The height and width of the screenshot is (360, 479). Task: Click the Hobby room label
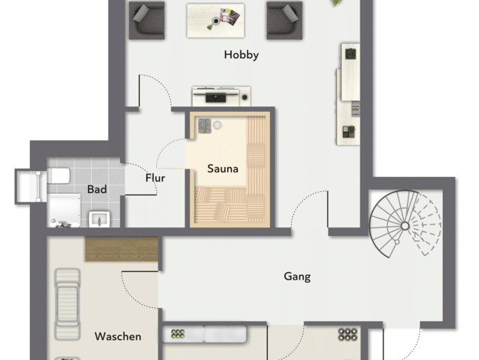coord(241,55)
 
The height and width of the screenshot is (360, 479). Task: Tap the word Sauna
coord(223,169)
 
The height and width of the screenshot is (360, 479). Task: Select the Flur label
coord(155,178)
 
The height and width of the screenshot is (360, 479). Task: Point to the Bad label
coord(97,189)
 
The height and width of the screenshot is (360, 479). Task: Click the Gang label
coord(297,277)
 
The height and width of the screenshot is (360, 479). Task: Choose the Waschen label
coord(118,336)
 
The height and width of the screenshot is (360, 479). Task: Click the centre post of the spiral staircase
coord(405,226)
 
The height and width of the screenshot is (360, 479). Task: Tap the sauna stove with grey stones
coord(204,126)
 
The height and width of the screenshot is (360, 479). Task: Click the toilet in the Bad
coord(58,175)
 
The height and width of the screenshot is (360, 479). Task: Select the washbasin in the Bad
coord(99,219)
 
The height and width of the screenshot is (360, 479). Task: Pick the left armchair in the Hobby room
coord(147,21)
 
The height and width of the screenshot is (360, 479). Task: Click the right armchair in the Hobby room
coord(285,21)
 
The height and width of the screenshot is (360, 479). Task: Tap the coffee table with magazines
coord(216,21)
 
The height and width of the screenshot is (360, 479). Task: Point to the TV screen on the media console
coord(216,97)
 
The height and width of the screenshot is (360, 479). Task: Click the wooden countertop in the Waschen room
coord(122,249)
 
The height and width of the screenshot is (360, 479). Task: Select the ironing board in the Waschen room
coord(67,304)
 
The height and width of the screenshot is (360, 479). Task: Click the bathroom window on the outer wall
coord(31,187)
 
